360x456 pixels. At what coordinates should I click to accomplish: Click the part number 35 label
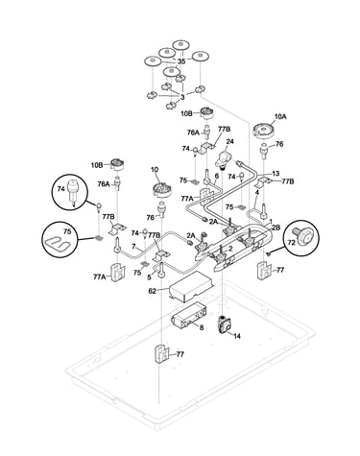(181, 61)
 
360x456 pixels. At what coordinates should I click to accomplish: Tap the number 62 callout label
(153, 291)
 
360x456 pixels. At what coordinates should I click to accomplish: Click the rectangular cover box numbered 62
(190, 287)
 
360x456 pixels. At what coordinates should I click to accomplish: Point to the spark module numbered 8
(187, 315)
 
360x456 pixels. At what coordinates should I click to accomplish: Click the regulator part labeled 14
(226, 324)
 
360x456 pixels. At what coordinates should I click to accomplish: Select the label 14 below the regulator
(237, 336)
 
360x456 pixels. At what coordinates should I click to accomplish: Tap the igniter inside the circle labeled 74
(74, 193)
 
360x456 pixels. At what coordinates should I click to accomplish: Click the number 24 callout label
(230, 141)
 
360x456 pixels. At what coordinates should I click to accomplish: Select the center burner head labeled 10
(161, 188)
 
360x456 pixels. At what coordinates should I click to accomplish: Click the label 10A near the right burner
(280, 117)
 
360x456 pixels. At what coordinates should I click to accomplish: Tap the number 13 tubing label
(276, 174)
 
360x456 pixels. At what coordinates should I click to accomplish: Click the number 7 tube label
(134, 247)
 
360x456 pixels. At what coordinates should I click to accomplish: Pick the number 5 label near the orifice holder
(149, 277)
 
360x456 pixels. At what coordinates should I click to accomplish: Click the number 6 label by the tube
(217, 176)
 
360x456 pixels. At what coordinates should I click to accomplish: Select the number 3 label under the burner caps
(182, 97)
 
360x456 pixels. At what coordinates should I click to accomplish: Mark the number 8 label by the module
(202, 327)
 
